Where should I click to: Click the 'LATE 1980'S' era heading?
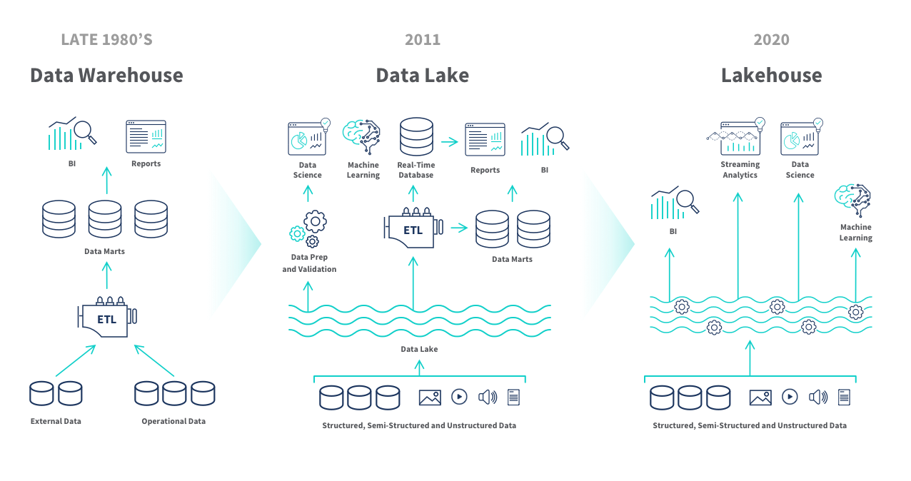[x=106, y=39]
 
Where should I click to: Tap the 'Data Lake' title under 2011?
[x=422, y=75]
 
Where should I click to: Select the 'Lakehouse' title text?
[x=771, y=75]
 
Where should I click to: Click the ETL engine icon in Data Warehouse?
[x=107, y=317]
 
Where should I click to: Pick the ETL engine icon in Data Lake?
[x=412, y=228]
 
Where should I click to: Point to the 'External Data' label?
[x=56, y=421]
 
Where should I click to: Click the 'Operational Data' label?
[x=173, y=421]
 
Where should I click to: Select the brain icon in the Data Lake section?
[x=362, y=136]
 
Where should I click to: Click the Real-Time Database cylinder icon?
[x=416, y=137]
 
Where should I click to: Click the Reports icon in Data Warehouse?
[x=146, y=136]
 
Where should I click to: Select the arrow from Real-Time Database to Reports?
[x=449, y=141]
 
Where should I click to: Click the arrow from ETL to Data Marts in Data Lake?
[x=459, y=228]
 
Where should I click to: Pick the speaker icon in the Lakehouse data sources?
[x=818, y=397]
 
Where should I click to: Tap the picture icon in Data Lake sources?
[x=430, y=397]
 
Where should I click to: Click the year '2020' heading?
[x=771, y=39]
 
